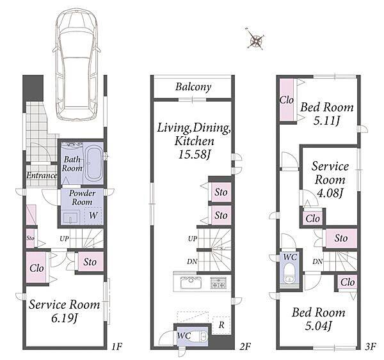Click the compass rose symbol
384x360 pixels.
255,39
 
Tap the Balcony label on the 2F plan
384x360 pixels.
193,87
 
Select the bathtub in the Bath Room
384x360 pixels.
93,164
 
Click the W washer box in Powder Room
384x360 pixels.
93,215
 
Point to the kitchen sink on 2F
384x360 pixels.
191,283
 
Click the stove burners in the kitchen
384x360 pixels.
218,283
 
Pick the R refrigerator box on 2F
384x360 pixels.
221,325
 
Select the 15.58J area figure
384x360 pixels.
195,155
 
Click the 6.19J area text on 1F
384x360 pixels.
65,318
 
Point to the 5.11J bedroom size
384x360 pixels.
326,121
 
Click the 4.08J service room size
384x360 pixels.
330,193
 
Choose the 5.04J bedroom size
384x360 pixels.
318,325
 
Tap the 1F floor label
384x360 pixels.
116,347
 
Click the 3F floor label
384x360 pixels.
371,347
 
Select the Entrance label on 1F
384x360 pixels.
42,175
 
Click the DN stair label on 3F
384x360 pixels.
317,262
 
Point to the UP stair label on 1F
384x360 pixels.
64,239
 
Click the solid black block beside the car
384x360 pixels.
33,88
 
